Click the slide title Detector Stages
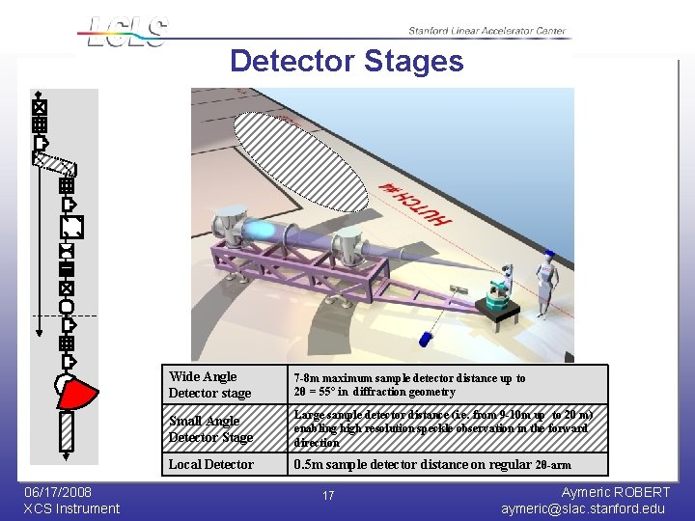pyautogui.click(x=347, y=62)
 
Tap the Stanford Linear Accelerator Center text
pyautogui.click(x=486, y=31)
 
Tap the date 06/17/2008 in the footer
pyautogui.click(x=58, y=492)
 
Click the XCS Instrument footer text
pyautogui.click(x=71, y=508)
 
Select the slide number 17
pyautogui.click(x=328, y=496)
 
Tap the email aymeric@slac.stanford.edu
pyautogui.click(x=583, y=508)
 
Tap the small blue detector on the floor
pyautogui.click(x=426, y=340)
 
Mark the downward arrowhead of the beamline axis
pyautogui.click(x=39, y=330)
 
